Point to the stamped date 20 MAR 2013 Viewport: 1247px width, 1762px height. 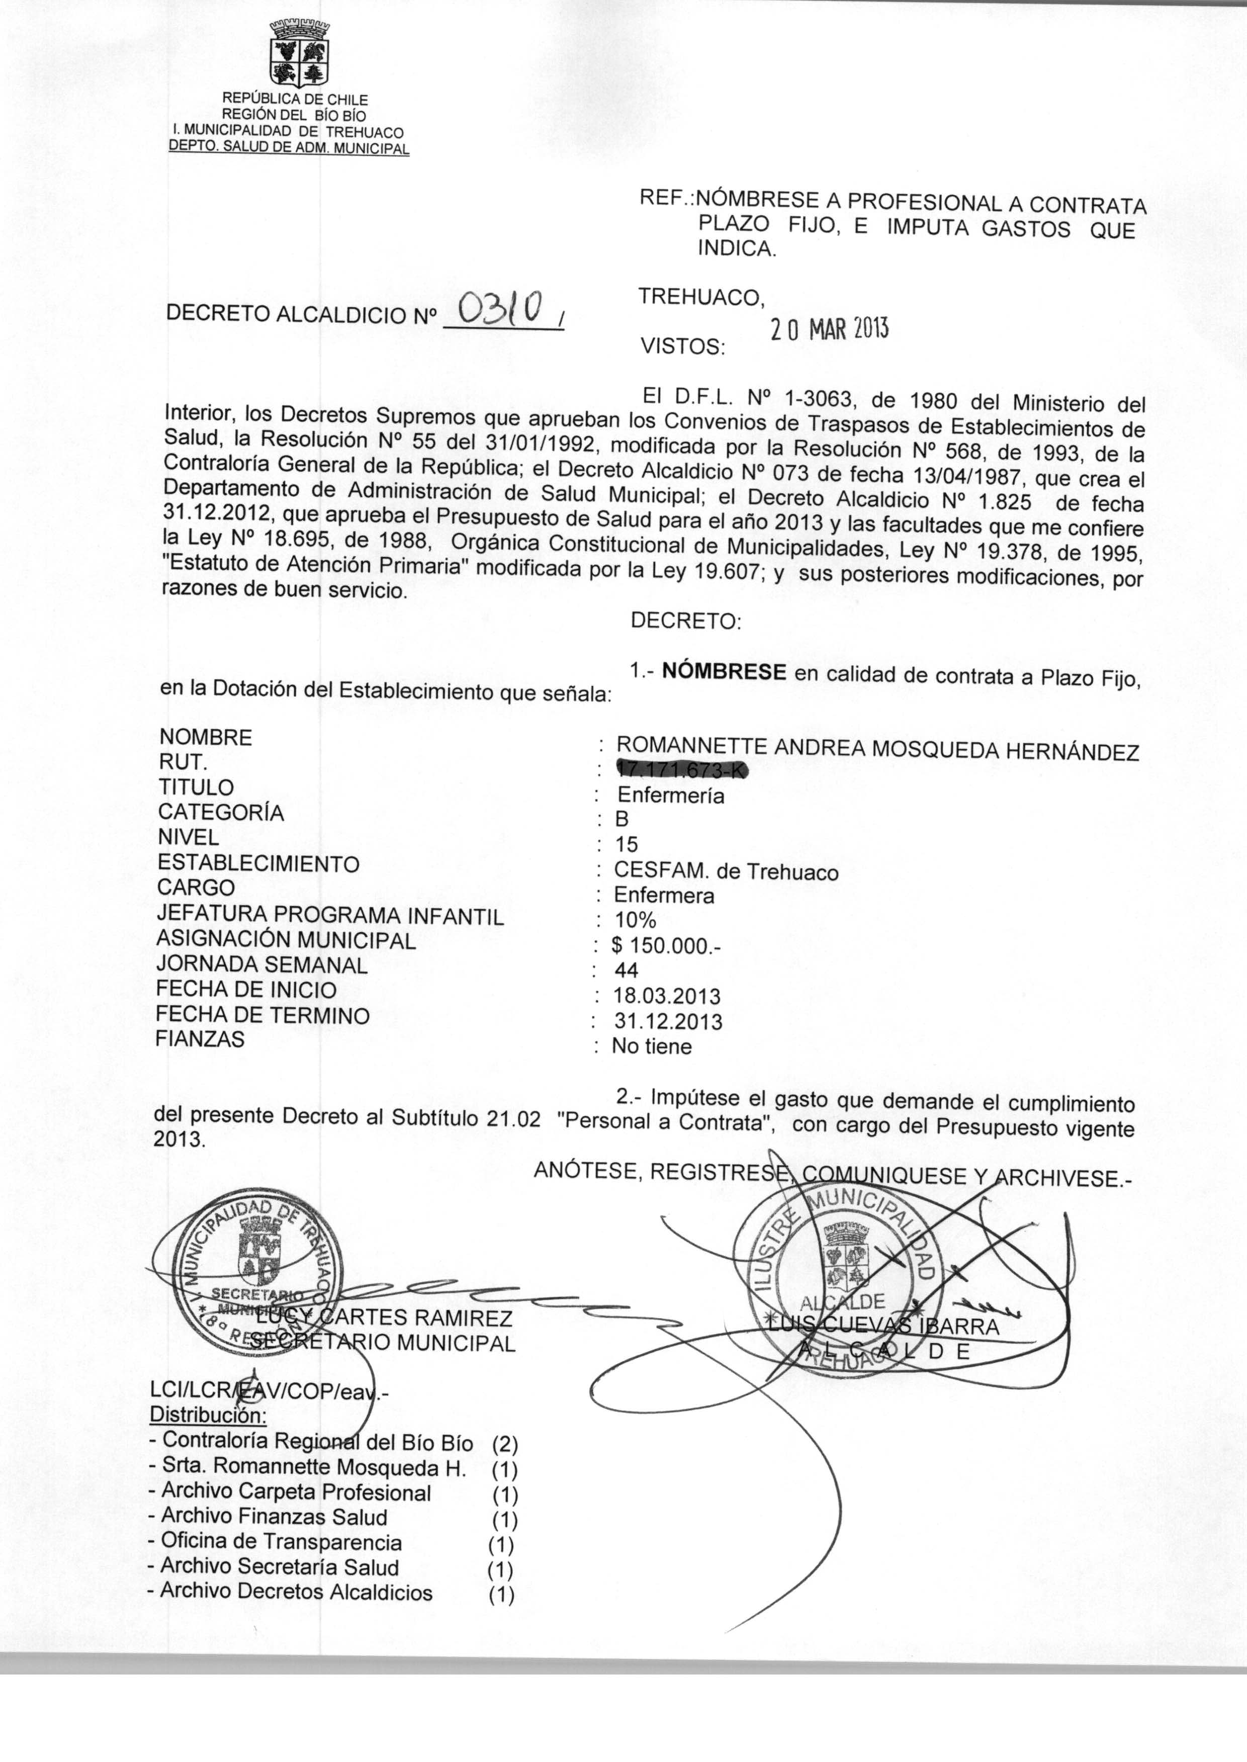[829, 330]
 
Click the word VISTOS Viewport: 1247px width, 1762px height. [683, 347]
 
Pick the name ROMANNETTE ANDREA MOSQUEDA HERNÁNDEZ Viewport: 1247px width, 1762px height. [877, 749]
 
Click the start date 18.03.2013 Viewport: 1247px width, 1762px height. [667, 996]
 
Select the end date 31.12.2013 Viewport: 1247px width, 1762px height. [668, 1021]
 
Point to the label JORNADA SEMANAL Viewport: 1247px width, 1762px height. [262, 964]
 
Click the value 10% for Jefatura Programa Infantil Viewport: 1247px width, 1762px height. [635, 920]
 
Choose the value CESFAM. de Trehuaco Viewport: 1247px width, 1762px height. [726, 871]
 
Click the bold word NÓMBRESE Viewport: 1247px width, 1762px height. [724, 672]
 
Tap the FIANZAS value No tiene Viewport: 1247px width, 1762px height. [651, 1046]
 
